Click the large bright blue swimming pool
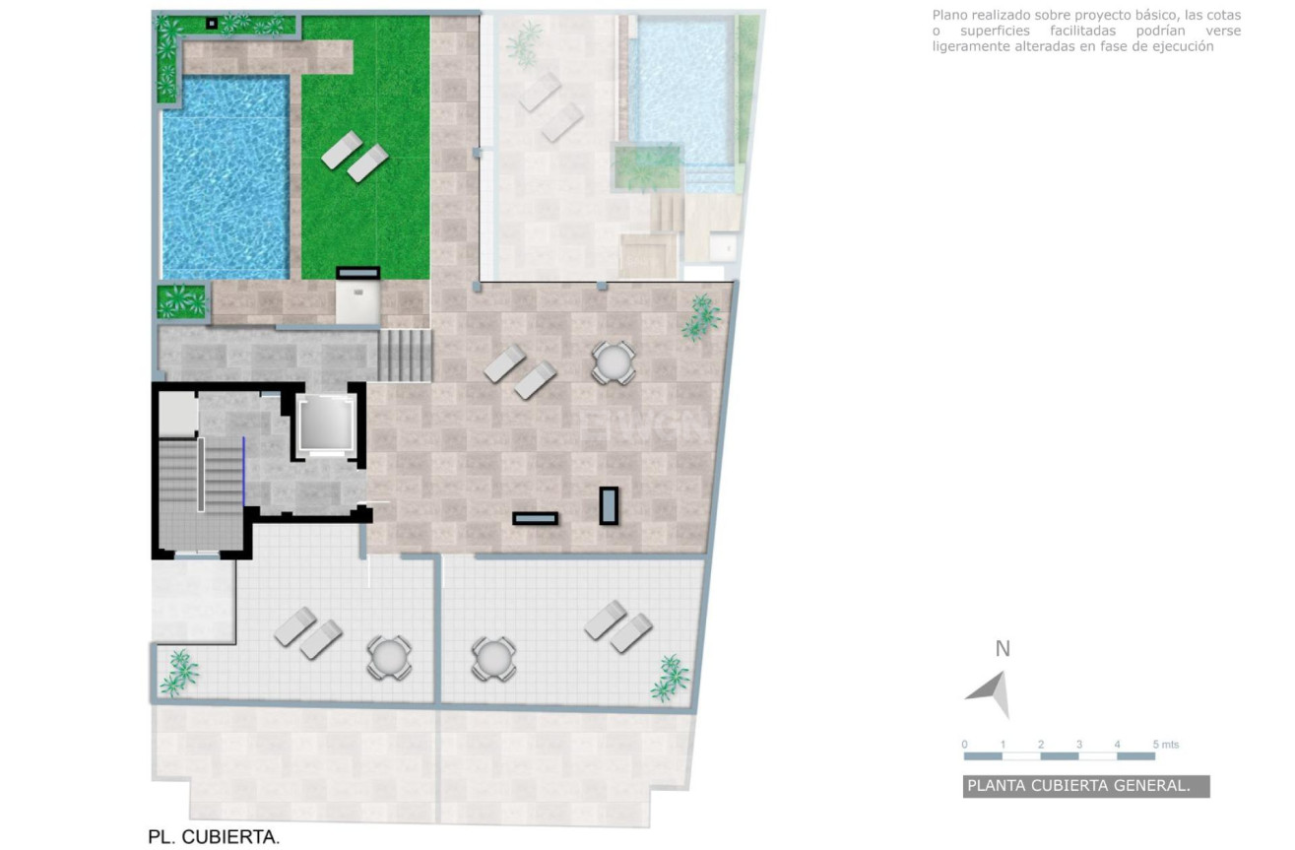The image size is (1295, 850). (x=226, y=176)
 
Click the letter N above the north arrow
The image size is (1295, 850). (x=1003, y=649)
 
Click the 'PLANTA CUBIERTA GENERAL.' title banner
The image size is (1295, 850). (x=1085, y=786)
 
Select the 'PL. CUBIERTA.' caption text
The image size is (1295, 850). (x=214, y=836)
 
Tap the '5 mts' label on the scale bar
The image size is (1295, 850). (x=1166, y=745)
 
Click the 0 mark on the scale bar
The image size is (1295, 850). (x=964, y=745)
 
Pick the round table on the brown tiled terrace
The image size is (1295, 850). (x=614, y=362)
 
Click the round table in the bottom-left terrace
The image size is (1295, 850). (x=389, y=658)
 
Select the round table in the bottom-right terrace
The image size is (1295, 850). (x=493, y=659)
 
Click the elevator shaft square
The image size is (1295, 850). (x=326, y=425)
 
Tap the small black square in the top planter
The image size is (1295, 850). (x=212, y=23)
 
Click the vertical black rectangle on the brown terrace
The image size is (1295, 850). (x=609, y=506)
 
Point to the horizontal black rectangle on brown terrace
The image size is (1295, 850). (x=536, y=519)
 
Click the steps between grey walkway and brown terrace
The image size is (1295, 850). (x=406, y=355)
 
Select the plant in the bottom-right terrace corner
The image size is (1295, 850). (x=670, y=679)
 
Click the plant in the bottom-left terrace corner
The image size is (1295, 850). (x=179, y=673)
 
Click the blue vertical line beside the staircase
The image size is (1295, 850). (x=243, y=471)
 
